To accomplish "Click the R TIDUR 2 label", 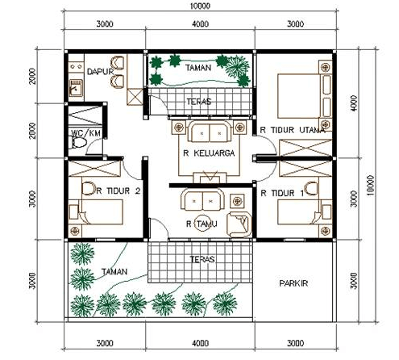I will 118,191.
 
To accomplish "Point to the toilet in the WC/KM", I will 78,143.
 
